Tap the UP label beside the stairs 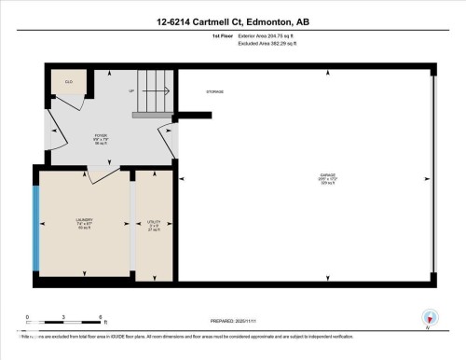click(x=131, y=91)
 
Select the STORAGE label click(x=215, y=91)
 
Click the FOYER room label click(x=100, y=138)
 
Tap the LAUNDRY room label click(x=84, y=223)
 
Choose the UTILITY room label click(x=154, y=224)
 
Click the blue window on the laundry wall click(x=36, y=224)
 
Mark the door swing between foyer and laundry click(x=103, y=174)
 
